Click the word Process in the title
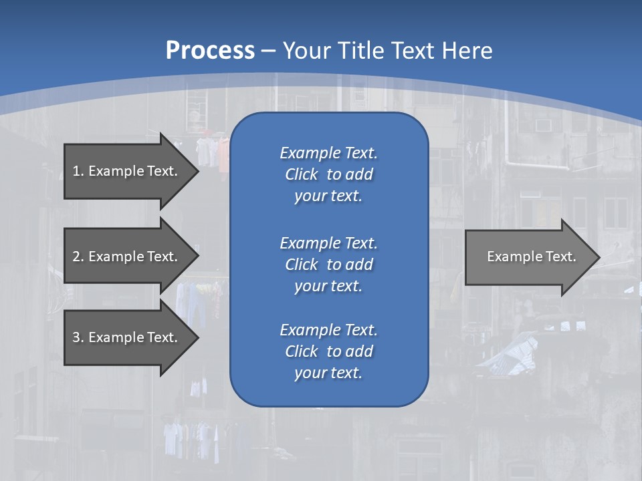pos(209,51)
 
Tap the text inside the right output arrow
pos(531,257)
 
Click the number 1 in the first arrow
pos(76,171)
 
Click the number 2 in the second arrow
pos(76,257)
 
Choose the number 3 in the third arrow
pos(76,337)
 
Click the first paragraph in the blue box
pos(328,174)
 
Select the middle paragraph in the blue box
pos(328,264)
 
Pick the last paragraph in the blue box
pos(328,351)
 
